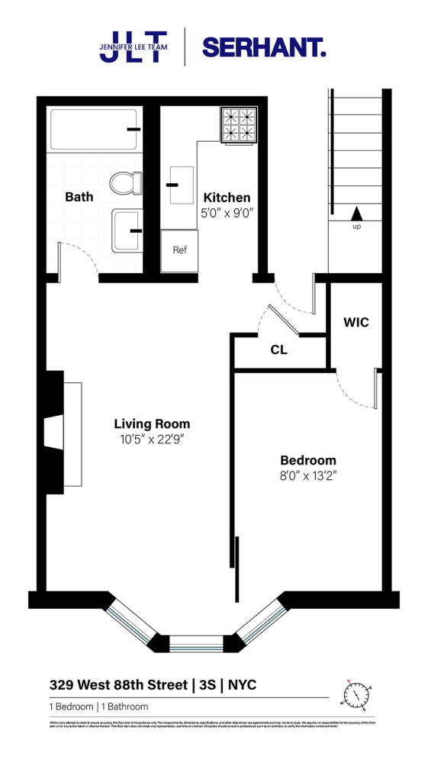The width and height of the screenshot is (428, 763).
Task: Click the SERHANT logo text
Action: (263, 48)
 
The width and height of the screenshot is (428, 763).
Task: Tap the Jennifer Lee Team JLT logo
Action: (133, 47)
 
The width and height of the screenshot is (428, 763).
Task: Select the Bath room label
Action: (79, 197)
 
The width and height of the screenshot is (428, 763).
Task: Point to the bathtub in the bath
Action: (93, 130)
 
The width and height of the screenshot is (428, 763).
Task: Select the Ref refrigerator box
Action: (179, 250)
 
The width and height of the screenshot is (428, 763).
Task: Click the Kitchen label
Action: (227, 198)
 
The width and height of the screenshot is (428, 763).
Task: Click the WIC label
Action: (356, 323)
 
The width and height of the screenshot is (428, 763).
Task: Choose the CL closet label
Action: (278, 350)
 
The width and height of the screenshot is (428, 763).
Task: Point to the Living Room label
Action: (152, 424)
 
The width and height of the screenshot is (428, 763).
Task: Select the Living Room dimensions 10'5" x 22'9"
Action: (152, 440)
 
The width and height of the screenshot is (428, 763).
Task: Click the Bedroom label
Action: (308, 460)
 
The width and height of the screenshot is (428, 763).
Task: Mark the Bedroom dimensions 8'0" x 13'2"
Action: (308, 476)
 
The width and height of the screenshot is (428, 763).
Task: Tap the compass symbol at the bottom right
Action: (357, 695)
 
